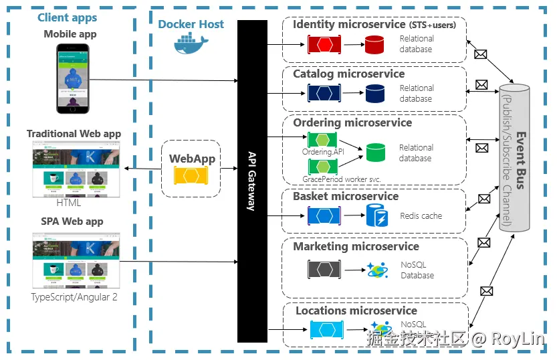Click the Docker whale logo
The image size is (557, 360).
(191, 43)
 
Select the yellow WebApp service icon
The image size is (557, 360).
(191, 175)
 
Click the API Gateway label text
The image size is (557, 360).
(252, 181)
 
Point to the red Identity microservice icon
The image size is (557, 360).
(324, 45)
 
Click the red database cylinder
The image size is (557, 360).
(374, 45)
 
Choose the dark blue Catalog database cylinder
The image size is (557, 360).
(374, 94)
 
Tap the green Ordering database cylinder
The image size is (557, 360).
(376, 153)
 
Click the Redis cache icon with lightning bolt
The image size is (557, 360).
(374, 215)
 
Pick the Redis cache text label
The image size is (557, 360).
(421, 216)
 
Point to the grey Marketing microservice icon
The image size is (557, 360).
(324, 270)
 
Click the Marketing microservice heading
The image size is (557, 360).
(356, 247)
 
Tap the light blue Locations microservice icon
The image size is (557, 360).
(327, 330)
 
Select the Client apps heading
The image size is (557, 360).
(67, 18)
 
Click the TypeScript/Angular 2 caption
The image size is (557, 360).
(74, 296)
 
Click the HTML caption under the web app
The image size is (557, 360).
(68, 203)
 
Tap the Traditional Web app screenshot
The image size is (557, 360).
(74, 168)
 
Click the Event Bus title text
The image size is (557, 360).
(520, 161)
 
